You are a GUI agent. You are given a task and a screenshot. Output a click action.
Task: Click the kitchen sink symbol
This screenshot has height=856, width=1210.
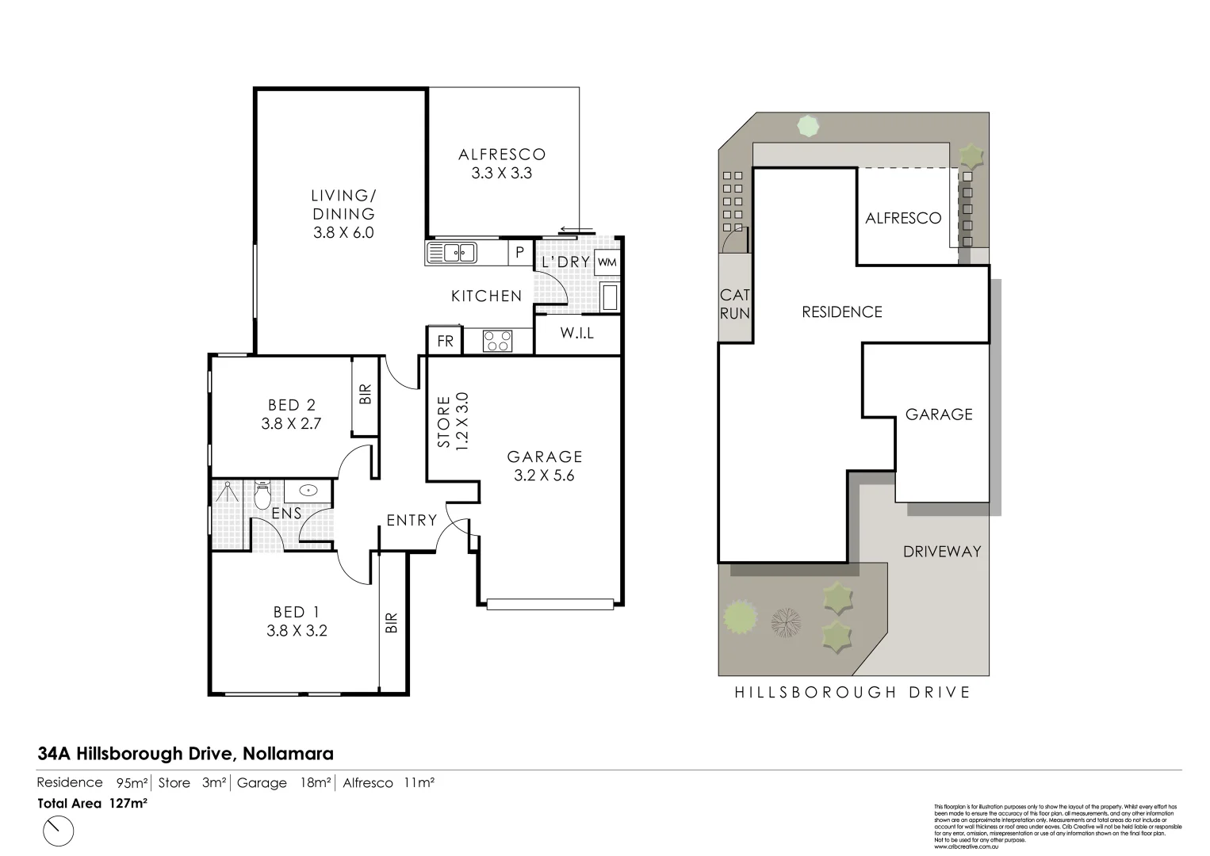[x=451, y=253]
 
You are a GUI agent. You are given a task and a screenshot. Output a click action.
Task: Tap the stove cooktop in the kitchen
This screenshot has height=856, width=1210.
[x=498, y=341]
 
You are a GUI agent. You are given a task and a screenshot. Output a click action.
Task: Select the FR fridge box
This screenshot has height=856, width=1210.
[x=446, y=342]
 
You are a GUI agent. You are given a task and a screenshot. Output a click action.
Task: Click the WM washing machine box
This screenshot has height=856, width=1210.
[x=607, y=262]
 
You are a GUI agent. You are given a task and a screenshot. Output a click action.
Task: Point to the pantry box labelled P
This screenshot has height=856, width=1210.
[x=519, y=253]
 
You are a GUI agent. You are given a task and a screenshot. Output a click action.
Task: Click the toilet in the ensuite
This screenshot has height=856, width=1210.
[x=262, y=496]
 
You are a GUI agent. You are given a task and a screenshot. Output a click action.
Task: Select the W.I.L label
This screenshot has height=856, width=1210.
[x=576, y=334]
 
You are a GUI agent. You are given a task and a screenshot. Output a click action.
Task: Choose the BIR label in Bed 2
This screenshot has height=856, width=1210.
[x=365, y=395]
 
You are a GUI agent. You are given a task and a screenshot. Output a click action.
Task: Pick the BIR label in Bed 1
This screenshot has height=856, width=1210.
[x=391, y=622]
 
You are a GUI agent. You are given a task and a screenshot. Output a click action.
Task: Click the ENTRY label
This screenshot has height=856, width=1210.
[x=412, y=520]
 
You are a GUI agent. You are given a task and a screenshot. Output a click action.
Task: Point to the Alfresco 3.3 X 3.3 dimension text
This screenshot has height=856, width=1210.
[x=502, y=173]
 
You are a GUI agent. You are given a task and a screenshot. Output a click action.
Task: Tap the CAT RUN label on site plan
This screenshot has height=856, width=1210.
[x=734, y=304]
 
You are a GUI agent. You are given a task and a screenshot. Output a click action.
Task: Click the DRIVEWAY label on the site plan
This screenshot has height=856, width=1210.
[x=942, y=551]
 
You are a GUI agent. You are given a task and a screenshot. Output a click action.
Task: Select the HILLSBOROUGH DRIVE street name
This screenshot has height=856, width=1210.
[x=852, y=692]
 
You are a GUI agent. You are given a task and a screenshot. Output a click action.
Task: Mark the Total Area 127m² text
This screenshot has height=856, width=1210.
[x=93, y=803]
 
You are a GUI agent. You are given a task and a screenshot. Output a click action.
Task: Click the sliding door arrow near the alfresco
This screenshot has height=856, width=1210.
[x=575, y=231]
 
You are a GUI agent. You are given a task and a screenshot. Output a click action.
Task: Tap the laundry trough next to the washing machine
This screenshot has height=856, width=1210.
[x=610, y=297]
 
